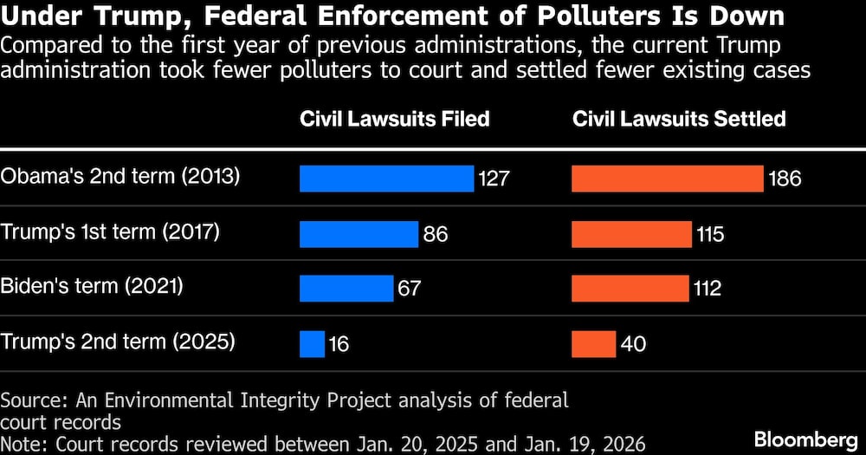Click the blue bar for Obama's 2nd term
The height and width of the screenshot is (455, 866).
point(386,179)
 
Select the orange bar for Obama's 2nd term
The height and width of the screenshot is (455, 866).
point(668,179)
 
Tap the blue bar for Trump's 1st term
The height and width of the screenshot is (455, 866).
point(359,233)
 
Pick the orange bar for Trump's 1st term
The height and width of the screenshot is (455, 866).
point(631,233)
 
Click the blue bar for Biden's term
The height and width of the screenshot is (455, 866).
point(346,288)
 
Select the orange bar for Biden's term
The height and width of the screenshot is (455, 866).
point(630,288)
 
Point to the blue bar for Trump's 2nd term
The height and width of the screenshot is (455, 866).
point(312,344)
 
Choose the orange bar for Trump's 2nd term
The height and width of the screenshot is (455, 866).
point(593,344)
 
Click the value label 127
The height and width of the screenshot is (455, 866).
point(494,179)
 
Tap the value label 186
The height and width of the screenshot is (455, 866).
point(785,179)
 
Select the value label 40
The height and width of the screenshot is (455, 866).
point(634,345)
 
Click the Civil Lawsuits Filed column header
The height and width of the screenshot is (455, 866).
point(394,120)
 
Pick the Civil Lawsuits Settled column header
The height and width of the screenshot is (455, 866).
point(679,120)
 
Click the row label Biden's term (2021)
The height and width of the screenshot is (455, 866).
point(94,286)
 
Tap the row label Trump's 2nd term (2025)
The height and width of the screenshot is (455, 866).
point(118,341)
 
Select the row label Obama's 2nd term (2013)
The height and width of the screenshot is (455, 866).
point(120,176)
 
